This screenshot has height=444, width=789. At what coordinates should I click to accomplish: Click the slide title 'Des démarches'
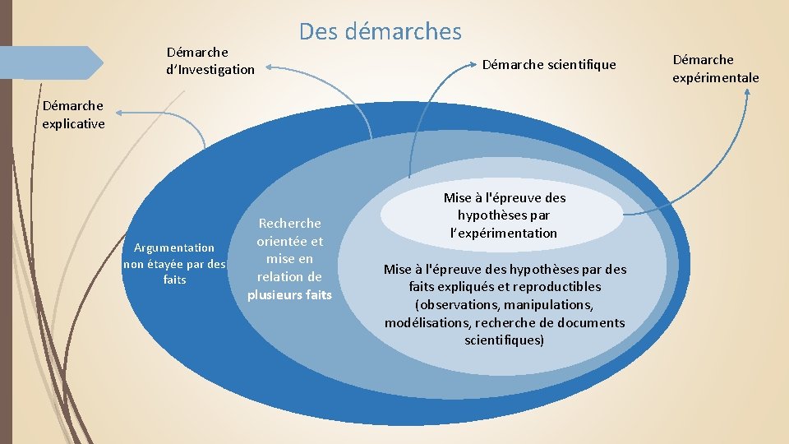point(381,31)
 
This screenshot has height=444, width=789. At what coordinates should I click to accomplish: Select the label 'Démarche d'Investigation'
point(210,61)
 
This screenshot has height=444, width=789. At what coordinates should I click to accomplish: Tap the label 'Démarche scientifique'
point(548,64)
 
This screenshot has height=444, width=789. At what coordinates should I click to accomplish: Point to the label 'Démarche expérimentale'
point(715,68)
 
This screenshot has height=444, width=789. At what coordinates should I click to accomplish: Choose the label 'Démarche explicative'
point(73,114)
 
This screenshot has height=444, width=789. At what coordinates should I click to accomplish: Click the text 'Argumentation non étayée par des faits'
point(174,263)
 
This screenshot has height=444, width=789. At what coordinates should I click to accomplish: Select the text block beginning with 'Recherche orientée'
point(289,259)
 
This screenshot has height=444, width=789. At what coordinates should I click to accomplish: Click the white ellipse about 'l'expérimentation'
point(504,215)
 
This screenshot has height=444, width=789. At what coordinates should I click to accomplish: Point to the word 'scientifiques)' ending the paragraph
point(504,340)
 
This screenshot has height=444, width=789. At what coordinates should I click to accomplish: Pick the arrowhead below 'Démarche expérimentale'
point(747,91)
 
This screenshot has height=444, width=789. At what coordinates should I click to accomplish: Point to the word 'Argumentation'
point(174,247)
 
